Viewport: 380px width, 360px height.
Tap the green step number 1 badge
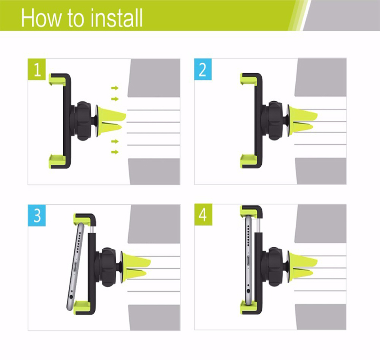(x=36, y=69)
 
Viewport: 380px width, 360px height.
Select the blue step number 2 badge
(x=203, y=69)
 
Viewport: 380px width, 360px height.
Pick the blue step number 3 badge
(x=36, y=216)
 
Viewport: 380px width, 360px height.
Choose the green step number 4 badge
(x=203, y=215)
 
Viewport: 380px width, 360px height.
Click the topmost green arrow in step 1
(x=115, y=88)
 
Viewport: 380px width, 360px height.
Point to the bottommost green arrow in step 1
(x=115, y=152)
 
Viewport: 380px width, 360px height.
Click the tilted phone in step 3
(x=76, y=267)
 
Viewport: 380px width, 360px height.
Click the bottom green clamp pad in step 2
(x=248, y=161)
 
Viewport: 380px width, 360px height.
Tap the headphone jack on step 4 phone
(x=248, y=290)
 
